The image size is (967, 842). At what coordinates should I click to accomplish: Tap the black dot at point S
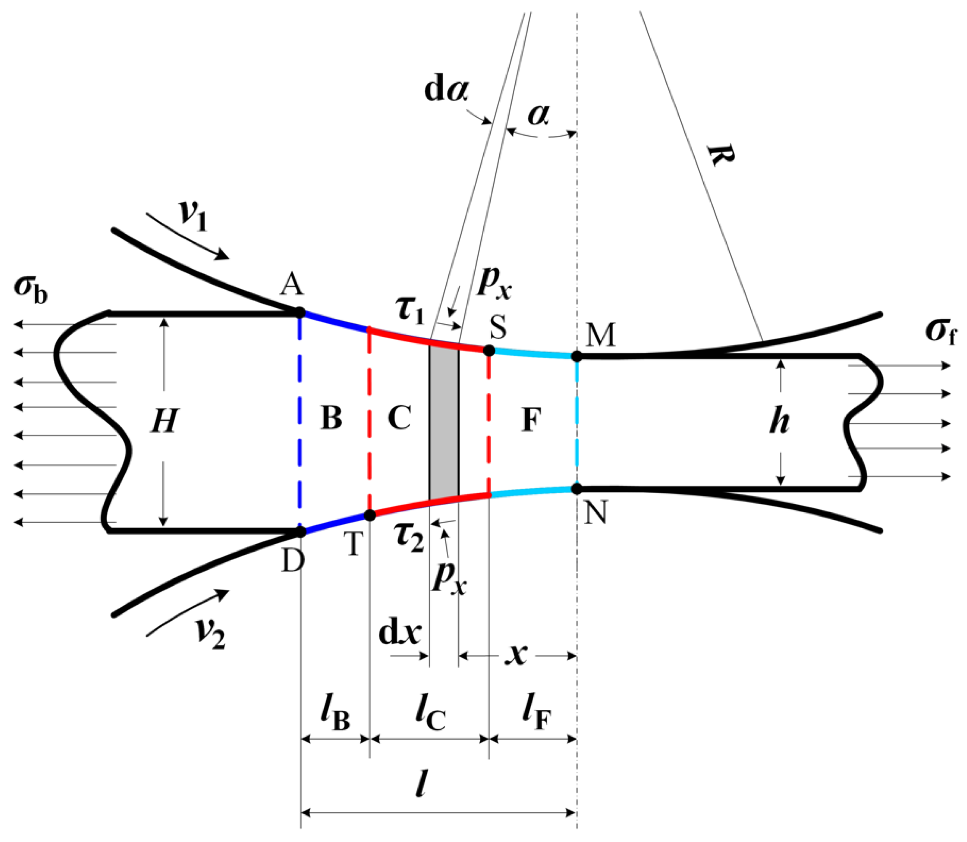click(x=489, y=350)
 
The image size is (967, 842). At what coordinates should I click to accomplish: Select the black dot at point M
click(x=577, y=357)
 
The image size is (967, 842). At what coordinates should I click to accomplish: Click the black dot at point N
click(x=577, y=489)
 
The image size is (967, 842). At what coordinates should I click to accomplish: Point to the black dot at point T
click(x=370, y=515)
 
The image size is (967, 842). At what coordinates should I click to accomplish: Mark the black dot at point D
click(x=300, y=531)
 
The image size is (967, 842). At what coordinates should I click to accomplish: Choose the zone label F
click(x=531, y=419)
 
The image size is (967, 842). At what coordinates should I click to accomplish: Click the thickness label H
click(x=164, y=421)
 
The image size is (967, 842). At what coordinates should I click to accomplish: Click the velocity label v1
click(x=193, y=215)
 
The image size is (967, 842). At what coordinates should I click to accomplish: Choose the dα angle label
click(x=446, y=90)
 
